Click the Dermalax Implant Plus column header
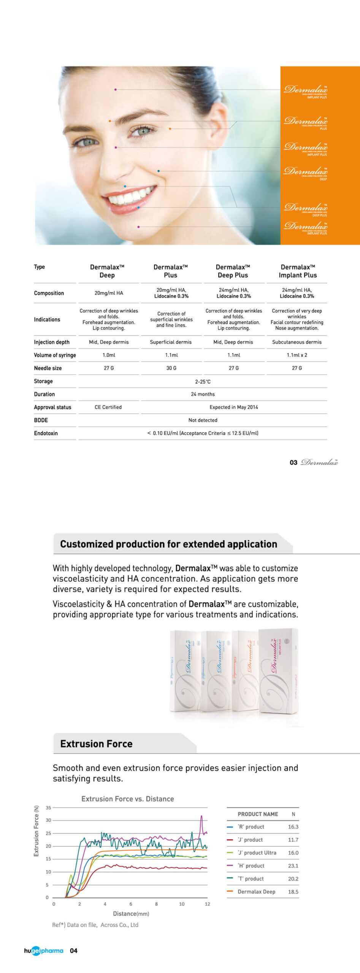click(x=297, y=271)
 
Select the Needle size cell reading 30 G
click(x=171, y=368)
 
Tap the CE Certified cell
click(x=108, y=407)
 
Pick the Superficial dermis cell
click(x=171, y=342)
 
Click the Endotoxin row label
click(x=46, y=433)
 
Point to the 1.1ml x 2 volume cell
click(x=297, y=355)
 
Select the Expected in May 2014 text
click(x=233, y=407)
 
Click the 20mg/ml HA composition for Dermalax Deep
click(x=109, y=293)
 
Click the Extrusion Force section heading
click(x=96, y=744)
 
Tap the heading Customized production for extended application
click(x=168, y=544)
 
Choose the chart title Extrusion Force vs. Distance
click(x=127, y=799)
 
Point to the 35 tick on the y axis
click(x=48, y=808)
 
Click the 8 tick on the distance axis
click(x=156, y=904)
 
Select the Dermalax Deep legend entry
click(x=256, y=892)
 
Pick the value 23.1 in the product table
click(x=293, y=865)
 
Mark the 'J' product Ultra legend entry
click(x=257, y=853)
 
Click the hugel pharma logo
click(x=43, y=951)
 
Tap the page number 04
click(x=73, y=951)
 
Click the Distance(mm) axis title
click(x=131, y=914)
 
